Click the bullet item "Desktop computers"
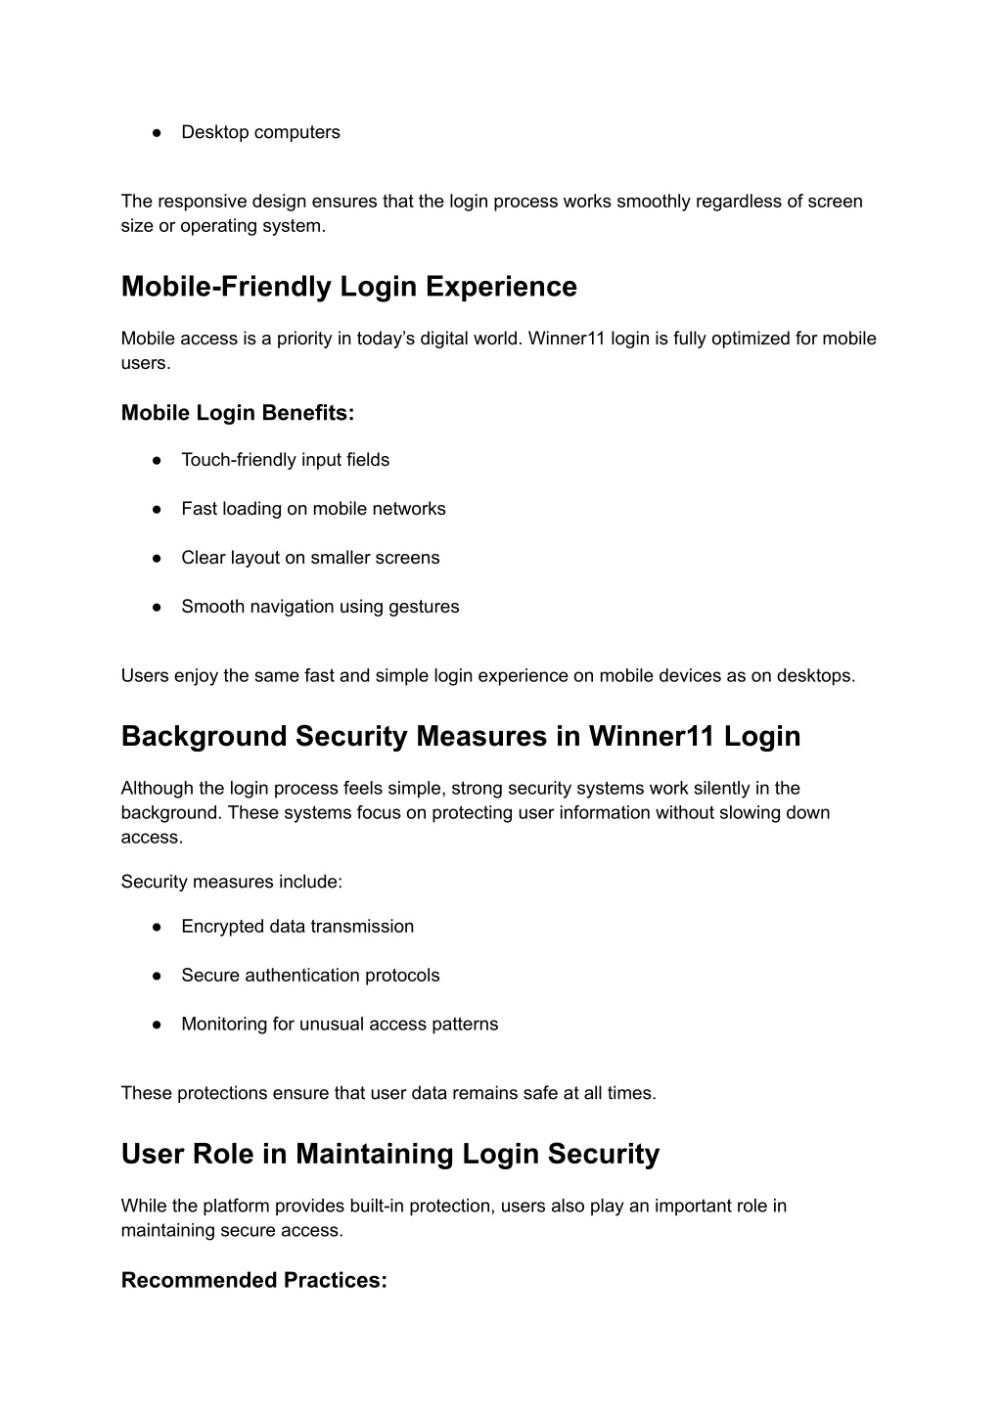point(260,132)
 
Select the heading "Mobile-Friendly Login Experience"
point(348,287)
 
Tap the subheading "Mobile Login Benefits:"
point(237,413)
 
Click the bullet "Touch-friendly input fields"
point(285,460)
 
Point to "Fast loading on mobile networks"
point(313,509)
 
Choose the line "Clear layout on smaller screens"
point(310,558)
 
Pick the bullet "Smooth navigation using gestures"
point(320,607)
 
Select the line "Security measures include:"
point(231,882)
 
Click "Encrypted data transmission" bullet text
point(297,927)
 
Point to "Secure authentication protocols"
point(310,976)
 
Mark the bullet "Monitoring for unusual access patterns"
point(340,1025)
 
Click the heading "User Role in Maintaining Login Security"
point(389,1154)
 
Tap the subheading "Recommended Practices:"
point(253,1280)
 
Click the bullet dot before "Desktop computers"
point(157,133)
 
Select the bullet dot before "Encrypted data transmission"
point(157,927)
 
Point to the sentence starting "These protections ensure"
point(388,1093)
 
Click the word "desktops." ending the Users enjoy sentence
point(815,675)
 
